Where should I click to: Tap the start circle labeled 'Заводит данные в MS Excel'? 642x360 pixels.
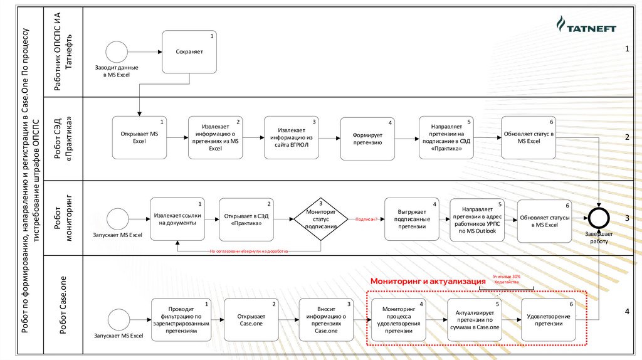coord(117,51)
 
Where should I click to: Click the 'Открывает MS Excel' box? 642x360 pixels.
coord(139,137)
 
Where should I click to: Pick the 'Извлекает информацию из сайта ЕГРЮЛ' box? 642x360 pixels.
coord(291,137)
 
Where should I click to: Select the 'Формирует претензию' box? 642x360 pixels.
coord(367,137)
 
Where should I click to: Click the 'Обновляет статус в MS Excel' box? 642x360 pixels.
coord(529,137)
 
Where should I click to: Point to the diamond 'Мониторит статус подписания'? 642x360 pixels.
coord(321,218)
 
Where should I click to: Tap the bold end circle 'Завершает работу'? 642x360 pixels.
coord(599,217)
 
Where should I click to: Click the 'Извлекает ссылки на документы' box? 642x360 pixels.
coord(178,218)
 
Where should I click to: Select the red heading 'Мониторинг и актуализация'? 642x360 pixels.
coord(423,282)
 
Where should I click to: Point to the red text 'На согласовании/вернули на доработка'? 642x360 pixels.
coord(248,251)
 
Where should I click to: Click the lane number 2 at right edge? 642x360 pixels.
coord(626,137)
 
